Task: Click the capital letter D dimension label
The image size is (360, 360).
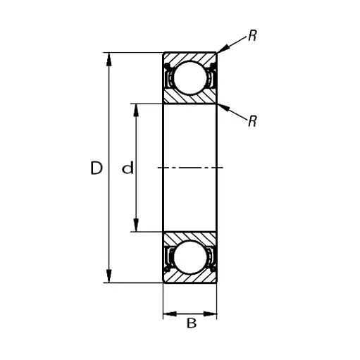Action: point(97,168)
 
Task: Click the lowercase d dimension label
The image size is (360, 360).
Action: point(128,168)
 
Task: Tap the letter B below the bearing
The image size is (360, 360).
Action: point(190,323)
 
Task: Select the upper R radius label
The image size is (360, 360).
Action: point(252,36)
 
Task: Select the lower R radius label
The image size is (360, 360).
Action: point(252,121)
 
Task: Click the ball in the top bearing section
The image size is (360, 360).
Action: point(190,77)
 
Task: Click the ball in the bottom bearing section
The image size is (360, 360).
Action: point(190,259)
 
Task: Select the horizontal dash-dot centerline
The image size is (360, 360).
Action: point(190,168)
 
